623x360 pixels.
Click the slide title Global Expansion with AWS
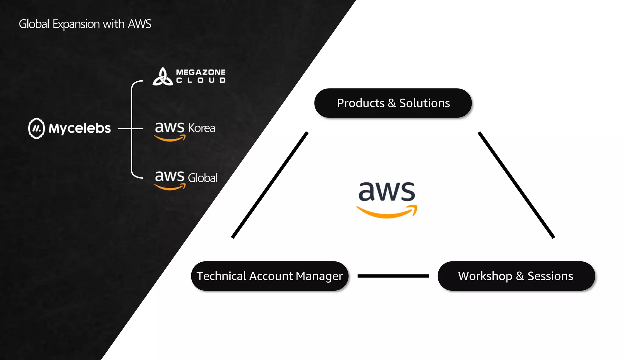[x=85, y=24]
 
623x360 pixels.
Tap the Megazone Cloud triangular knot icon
[x=163, y=77]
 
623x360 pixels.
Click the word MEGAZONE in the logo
[x=201, y=72]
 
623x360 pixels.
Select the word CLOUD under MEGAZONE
[x=201, y=80]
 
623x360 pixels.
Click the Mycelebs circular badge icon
[x=37, y=128]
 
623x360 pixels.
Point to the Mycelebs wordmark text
[x=80, y=128]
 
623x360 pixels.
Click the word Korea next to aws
[x=201, y=128]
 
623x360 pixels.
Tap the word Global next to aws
[x=202, y=178]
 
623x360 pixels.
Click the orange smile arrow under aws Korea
[x=170, y=139]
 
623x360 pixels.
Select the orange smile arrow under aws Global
[x=170, y=187]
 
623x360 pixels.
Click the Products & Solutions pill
[x=393, y=103]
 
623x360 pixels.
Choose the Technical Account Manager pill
[x=270, y=276]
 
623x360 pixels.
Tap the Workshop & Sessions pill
[x=516, y=276]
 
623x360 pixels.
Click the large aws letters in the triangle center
[x=387, y=192]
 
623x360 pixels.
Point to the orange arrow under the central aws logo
[x=387, y=213]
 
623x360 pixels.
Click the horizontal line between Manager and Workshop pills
[x=393, y=276]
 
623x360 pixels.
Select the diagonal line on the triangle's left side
[x=270, y=185]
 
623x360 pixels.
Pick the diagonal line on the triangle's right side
[x=516, y=185]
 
